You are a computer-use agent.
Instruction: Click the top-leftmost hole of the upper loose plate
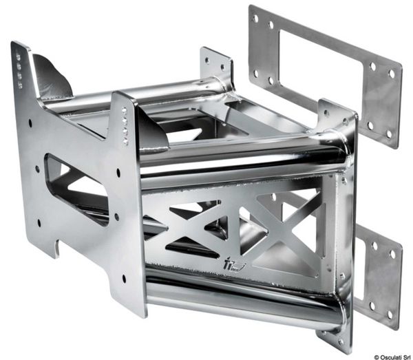(x=255, y=19)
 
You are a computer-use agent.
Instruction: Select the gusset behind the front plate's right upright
(x=151, y=131)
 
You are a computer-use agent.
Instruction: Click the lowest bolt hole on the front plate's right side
(x=125, y=279)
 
